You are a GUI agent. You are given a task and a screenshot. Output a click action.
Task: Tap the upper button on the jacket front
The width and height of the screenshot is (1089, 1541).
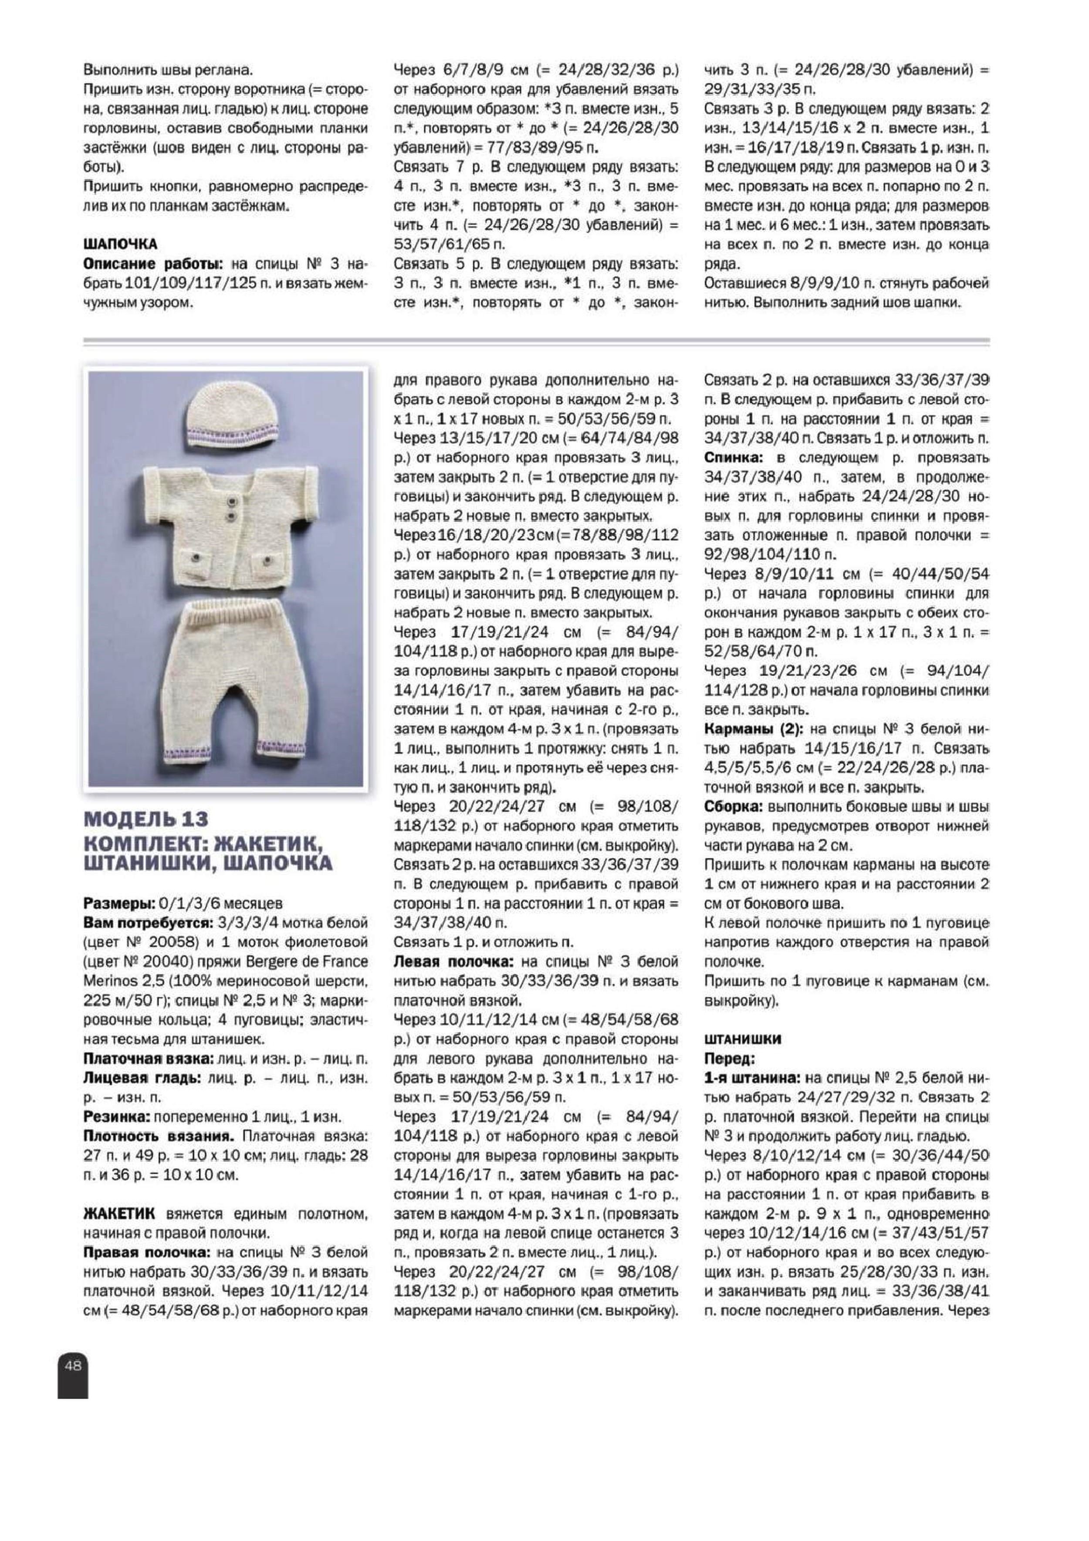coord(230,499)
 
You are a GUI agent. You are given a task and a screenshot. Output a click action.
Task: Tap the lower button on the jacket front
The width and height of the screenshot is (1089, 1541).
coord(230,515)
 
